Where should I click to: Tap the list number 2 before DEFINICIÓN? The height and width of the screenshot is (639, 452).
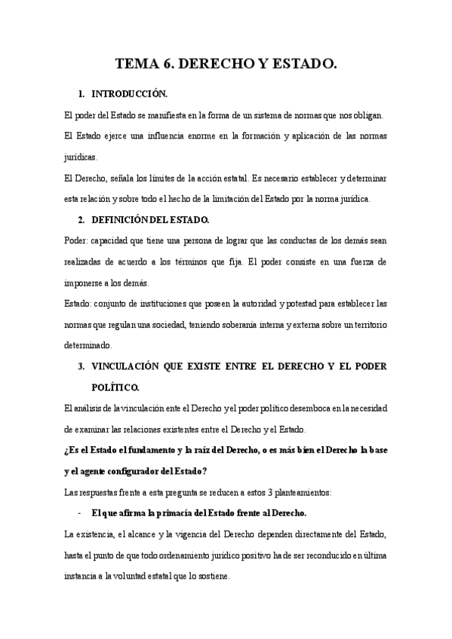click(x=81, y=219)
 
